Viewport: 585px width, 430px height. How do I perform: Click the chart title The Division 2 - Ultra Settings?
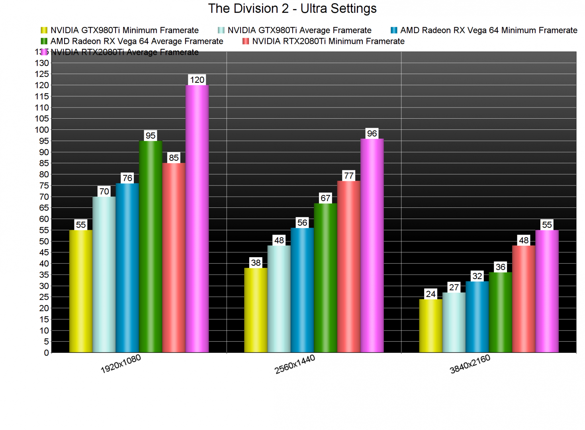[x=292, y=8]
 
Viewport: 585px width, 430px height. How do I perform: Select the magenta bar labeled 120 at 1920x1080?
[x=197, y=219]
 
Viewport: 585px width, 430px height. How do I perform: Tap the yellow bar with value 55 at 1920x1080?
[x=81, y=291]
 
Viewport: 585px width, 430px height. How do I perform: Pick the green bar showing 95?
[x=151, y=247]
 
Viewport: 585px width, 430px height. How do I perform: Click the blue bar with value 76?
[x=127, y=268]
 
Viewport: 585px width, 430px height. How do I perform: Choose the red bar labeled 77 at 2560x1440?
[x=349, y=267]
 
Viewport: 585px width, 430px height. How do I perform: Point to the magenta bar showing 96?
[x=372, y=246]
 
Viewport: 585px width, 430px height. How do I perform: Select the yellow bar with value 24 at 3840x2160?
[x=430, y=326]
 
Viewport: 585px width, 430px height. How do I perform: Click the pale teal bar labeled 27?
[x=454, y=322]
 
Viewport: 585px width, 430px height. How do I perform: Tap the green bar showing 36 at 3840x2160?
[x=500, y=313]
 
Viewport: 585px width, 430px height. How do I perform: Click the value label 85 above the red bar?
[x=174, y=158]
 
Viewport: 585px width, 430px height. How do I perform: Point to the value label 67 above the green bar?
[x=325, y=198]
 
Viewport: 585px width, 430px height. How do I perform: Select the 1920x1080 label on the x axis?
[x=121, y=364]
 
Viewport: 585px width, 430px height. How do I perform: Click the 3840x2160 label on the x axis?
[x=470, y=364]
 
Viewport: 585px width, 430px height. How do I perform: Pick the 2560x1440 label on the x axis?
[x=295, y=364]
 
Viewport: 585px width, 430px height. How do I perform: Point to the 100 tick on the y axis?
[x=42, y=130]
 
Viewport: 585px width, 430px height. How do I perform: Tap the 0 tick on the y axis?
[x=46, y=353]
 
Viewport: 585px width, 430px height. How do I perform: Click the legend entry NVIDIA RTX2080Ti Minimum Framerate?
[x=328, y=41]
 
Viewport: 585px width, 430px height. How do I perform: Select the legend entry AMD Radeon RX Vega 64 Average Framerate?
[x=136, y=41]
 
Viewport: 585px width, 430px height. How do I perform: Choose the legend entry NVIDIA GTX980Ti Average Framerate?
[x=299, y=30]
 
